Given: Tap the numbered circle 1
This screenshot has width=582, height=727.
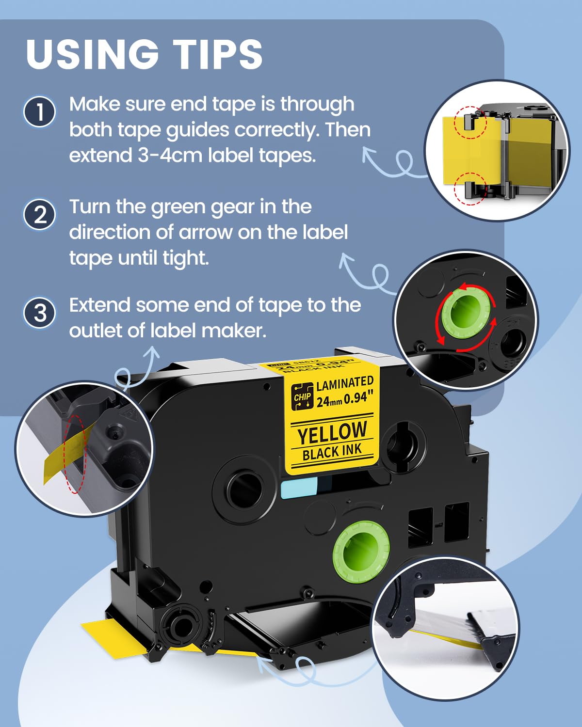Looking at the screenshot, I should point(40,112).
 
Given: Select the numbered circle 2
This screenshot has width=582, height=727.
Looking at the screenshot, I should point(40,214).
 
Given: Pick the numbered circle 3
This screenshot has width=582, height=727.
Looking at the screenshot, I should point(40,313).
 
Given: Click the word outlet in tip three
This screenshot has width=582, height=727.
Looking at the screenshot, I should point(95,331).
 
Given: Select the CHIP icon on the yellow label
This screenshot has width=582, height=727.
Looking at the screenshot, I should point(302,396).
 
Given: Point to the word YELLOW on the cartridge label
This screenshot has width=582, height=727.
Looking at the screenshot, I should point(332,433).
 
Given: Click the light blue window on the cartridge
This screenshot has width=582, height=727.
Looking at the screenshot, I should point(299,487).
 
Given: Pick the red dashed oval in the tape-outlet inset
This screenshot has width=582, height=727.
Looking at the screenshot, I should point(76,453).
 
